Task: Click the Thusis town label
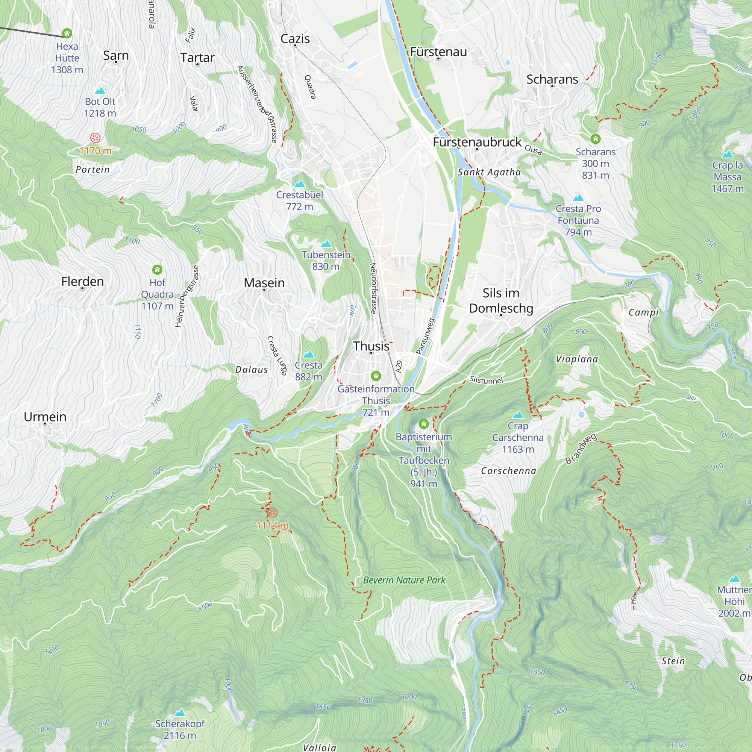[371, 346]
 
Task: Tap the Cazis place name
[295, 38]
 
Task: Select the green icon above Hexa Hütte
[67, 33]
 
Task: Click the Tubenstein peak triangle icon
[326, 244]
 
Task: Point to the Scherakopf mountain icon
[179, 713]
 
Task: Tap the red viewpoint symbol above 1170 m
[95, 138]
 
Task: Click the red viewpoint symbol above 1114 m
[272, 512]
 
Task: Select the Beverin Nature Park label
[404, 580]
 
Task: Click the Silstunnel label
[486, 379]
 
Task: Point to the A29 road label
[399, 366]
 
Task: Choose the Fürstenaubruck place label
[477, 142]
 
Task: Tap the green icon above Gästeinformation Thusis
[376, 376]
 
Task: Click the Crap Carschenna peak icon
[518, 415]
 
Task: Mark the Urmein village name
[45, 417]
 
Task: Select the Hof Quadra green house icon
[157, 270]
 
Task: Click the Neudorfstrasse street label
[373, 288]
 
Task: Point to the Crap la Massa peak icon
[727, 154]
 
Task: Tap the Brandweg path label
[581, 449]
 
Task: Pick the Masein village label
[264, 283]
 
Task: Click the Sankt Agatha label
[489, 172]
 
